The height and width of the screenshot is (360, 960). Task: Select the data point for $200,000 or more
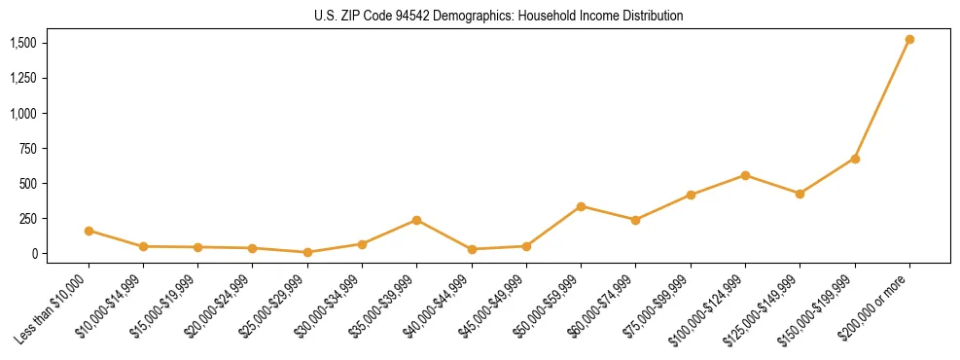(x=909, y=40)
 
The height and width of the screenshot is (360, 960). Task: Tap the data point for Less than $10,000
(x=89, y=231)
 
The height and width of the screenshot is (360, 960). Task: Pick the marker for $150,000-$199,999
(x=855, y=159)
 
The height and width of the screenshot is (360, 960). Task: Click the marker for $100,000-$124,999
(x=745, y=175)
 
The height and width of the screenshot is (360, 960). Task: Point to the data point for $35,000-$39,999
(x=416, y=220)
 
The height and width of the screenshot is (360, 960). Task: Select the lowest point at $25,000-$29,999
(x=307, y=252)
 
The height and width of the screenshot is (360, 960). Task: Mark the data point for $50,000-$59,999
(x=581, y=206)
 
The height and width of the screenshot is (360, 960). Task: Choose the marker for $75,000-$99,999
(x=691, y=195)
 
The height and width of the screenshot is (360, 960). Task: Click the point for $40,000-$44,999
(x=472, y=249)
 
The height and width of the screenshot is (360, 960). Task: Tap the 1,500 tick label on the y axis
(x=22, y=43)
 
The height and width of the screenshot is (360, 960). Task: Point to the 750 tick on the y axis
(x=28, y=148)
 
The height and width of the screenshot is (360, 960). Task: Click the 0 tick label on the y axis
(x=34, y=253)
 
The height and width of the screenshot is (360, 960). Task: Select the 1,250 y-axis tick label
(x=22, y=78)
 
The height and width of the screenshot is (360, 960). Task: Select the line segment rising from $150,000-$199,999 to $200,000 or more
(x=882, y=99)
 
